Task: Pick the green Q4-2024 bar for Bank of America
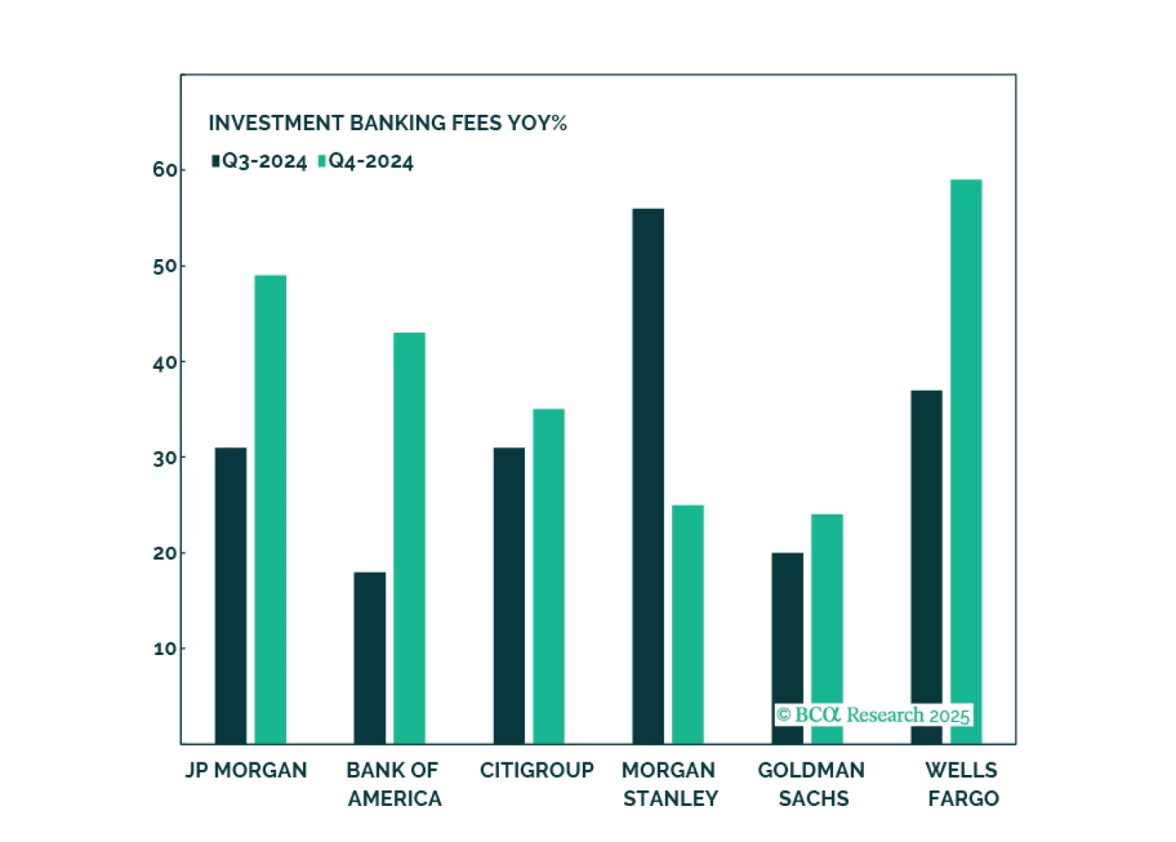click(x=408, y=538)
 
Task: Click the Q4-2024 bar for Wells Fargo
click(x=966, y=442)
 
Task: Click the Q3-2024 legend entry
click(x=259, y=161)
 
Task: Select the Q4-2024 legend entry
click(x=366, y=161)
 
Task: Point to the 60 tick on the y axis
click(x=165, y=170)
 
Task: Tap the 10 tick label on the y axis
click(x=165, y=649)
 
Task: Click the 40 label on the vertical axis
click(x=165, y=362)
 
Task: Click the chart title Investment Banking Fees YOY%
click(x=387, y=123)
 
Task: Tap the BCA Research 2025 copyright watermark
click(x=874, y=715)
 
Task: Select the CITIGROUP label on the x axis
click(x=536, y=770)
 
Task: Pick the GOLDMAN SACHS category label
click(x=812, y=784)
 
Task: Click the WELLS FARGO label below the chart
click(x=962, y=784)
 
